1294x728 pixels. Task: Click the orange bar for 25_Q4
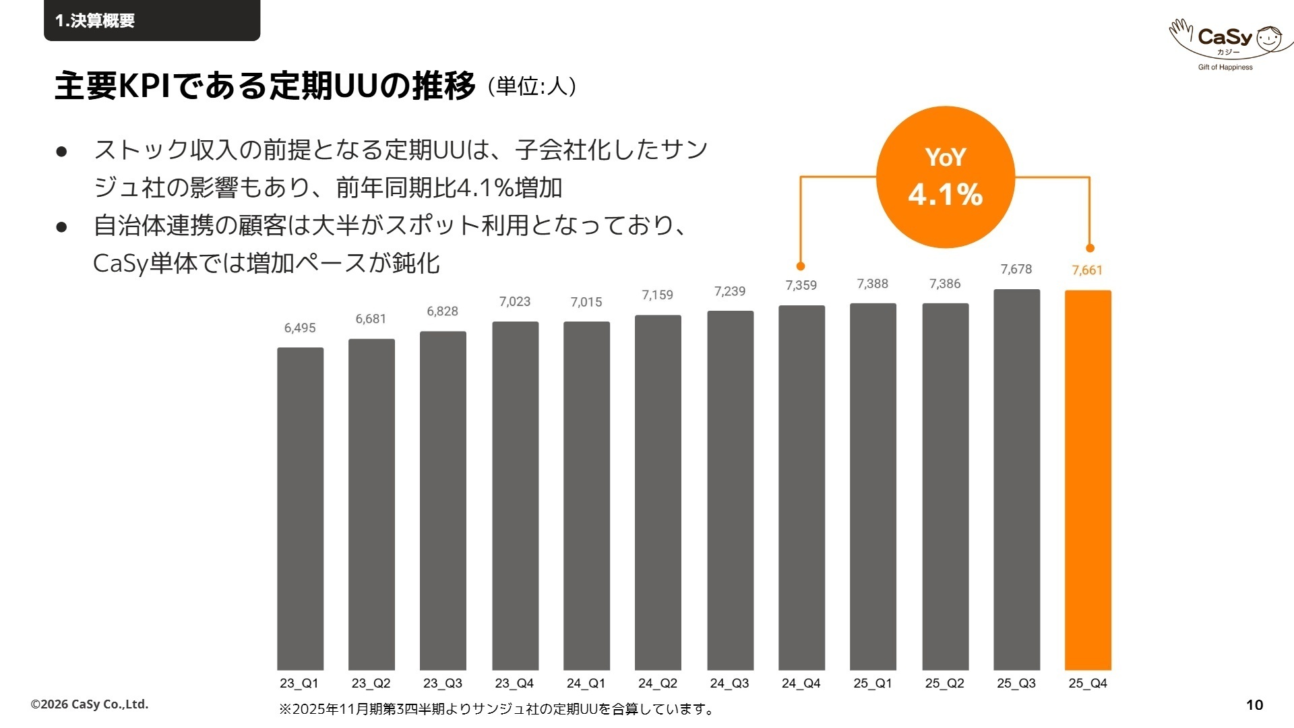[1088, 480]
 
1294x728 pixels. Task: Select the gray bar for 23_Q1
[300, 508]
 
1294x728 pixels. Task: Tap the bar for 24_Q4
[801, 487]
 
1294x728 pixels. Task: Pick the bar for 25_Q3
[1016, 479]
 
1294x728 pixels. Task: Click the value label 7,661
[1087, 270]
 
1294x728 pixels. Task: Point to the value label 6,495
[300, 328]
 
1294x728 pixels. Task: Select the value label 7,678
[1016, 270]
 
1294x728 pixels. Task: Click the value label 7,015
[586, 303]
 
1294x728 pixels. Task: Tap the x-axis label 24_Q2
[658, 684]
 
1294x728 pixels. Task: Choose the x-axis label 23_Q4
[514, 684]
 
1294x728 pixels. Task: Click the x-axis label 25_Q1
[873, 684]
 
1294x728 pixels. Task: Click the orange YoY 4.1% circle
[946, 177]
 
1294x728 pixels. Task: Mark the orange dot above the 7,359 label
[801, 266]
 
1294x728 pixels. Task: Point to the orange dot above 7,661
[1090, 248]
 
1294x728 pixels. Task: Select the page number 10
[1254, 705]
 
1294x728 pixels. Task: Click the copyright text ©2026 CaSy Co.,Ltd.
[90, 704]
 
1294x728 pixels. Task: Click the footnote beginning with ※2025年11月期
[497, 709]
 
